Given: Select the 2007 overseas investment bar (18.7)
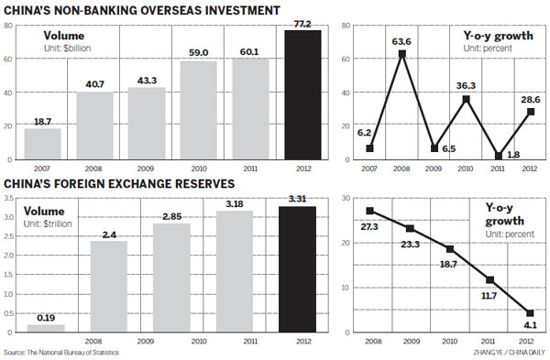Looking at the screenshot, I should pyautogui.click(x=43, y=143).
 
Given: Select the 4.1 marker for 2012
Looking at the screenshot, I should pyautogui.click(x=531, y=313).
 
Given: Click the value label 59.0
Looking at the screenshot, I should pyautogui.click(x=197, y=54).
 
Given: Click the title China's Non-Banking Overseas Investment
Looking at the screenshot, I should pyautogui.click(x=141, y=9).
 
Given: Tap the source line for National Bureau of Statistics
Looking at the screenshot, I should pyautogui.click(x=68, y=353).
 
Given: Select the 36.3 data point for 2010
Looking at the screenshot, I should pyautogui.click(x=467, y=99).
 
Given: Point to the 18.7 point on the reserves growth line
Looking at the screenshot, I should pyautogui.click(x=450, y=248).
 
